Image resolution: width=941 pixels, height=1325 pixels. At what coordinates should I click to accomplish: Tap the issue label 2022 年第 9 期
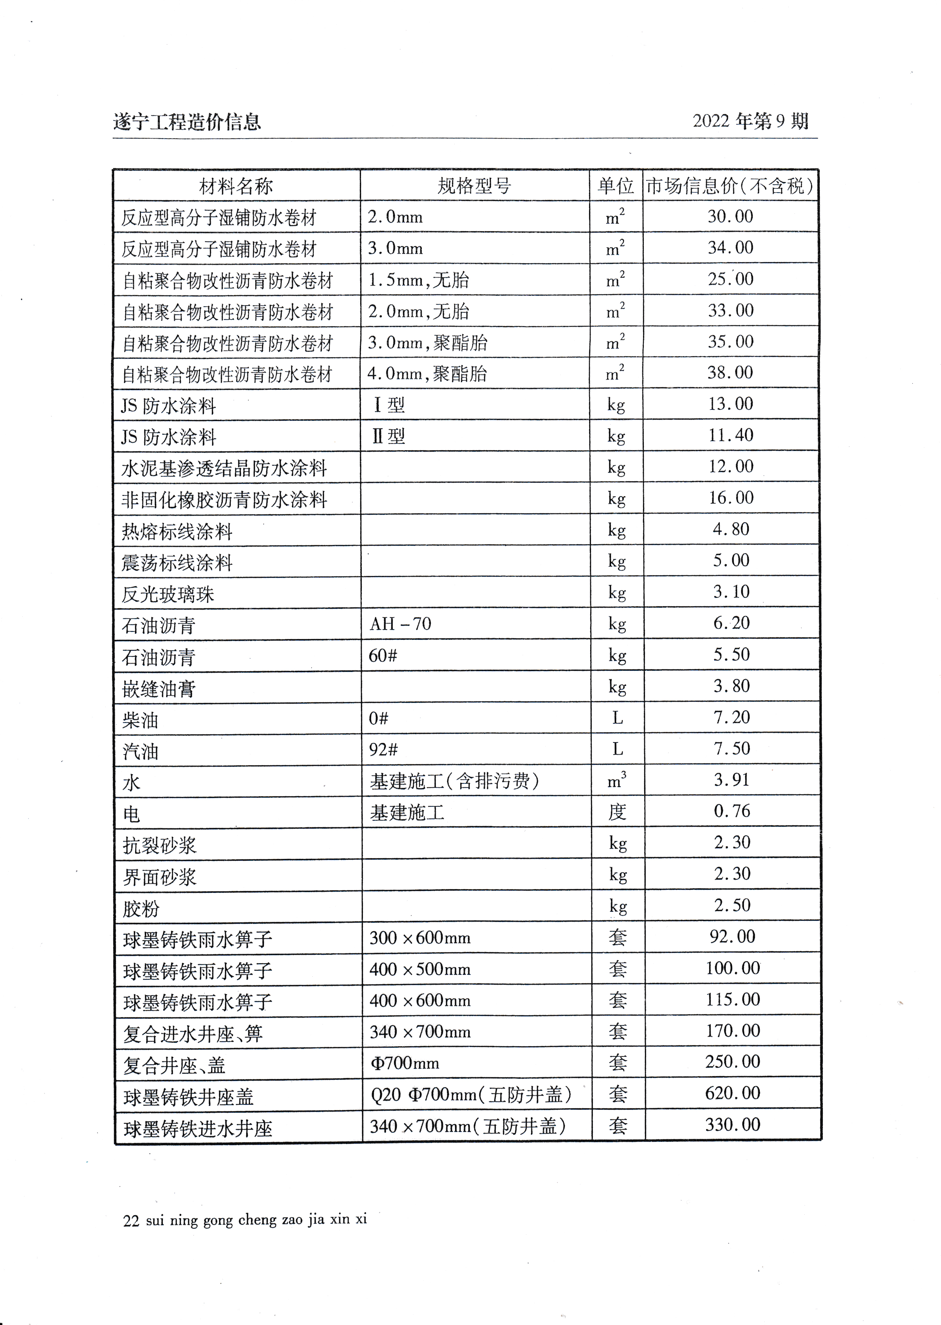tap(750, 121)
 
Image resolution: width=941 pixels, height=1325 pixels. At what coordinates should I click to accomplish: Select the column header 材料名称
tap(236, 186)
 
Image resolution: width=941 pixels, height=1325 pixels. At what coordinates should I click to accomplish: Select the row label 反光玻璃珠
tap(168, 594)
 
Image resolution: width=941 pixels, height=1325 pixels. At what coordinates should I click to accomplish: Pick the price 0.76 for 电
tap(732, 811)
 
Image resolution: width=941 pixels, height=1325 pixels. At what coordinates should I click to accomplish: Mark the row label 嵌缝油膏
tap(159, 689)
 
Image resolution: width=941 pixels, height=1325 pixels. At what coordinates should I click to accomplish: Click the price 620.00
tap(733, 1093)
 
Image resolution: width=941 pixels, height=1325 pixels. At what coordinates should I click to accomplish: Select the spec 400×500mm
tap(420, 969)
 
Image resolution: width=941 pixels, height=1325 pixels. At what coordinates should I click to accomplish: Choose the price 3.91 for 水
tap(731, 780)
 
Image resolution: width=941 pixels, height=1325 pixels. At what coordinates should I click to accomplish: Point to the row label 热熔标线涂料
tap(177, 531)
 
